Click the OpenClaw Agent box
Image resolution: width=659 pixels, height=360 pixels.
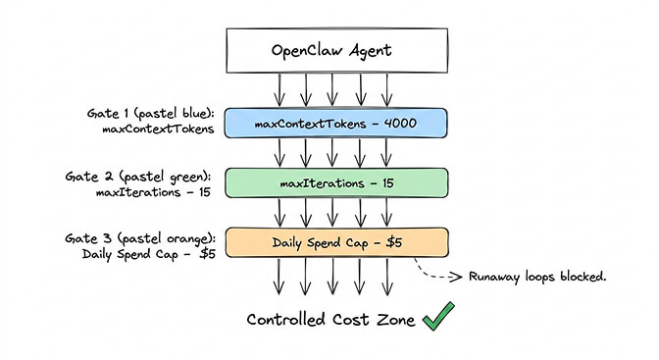[x=335, y=50]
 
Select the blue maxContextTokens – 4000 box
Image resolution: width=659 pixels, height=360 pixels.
[x=335, y=123]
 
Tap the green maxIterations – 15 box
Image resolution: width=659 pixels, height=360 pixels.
[x=335, y=182]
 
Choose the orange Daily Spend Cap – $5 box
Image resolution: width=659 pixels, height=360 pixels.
[x=335, y=242]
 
